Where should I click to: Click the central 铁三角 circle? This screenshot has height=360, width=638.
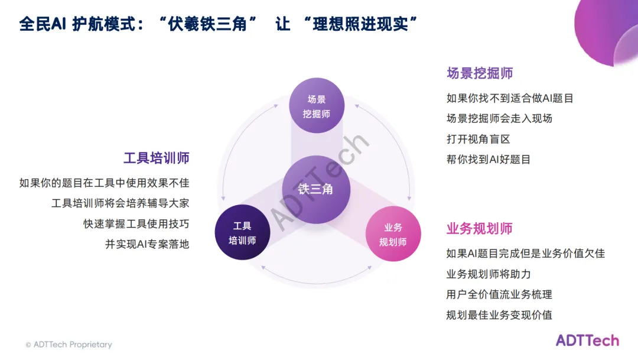316,189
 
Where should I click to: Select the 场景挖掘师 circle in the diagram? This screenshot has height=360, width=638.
316,106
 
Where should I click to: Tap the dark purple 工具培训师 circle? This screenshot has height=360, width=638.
242,233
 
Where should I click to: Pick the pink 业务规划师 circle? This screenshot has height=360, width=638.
393,234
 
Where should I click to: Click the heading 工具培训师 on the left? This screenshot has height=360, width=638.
156,158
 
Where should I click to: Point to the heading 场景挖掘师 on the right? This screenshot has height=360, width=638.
480,73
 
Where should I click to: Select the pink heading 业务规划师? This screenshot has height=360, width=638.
479,229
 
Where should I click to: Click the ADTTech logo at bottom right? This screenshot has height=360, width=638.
587,340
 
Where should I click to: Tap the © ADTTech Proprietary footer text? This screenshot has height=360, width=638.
69,345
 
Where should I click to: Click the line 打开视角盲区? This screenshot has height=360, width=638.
478,139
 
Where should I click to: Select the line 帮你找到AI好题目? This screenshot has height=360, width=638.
489,159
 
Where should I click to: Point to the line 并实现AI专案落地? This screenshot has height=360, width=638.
147,244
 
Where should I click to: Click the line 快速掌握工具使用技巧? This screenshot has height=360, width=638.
136,223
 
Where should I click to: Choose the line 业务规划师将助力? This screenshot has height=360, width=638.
489,274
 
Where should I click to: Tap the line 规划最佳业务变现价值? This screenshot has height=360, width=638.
499,314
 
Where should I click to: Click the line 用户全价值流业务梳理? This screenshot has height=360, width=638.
499,294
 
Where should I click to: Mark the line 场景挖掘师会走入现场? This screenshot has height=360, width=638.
499,118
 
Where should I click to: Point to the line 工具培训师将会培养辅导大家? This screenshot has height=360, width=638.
120,203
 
